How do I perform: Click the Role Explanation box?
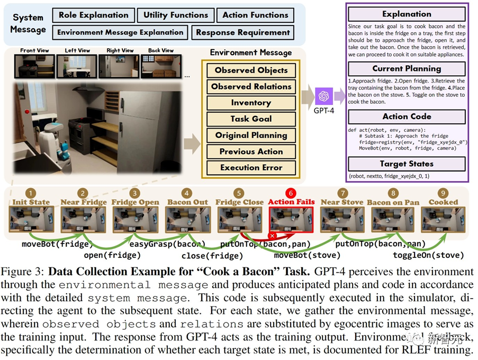tap(94, 15)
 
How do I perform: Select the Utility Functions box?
tap(176, 15)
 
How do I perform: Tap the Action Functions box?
tap(255, 15)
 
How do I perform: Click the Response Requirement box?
tap(243, 32)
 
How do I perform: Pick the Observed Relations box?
tap(251, 86)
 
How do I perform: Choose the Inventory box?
tap(251, 103)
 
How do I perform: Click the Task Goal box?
tap(251, 119)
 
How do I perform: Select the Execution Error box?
tap(251, 168)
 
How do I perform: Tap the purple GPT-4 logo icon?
tap(323, 96)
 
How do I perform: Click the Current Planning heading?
tap(407, 68)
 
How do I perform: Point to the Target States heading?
tap(407, 164)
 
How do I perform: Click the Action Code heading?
tap(407, 116)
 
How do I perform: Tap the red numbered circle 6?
tap(291, 194)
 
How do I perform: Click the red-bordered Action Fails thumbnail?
tap(291, 220)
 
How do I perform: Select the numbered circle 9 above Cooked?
tap(444, 194)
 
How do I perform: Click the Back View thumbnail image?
tap(161, 66)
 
